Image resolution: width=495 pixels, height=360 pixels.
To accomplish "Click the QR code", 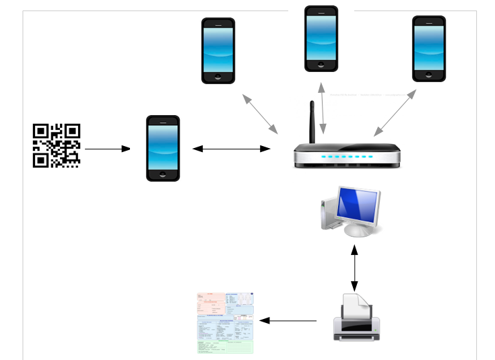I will click(57, 145).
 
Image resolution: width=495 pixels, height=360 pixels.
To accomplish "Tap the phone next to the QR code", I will click(163, 148).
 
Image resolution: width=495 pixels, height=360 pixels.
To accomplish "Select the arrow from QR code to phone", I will click(108, 148).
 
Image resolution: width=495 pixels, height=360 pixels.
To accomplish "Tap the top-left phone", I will click(219, 50).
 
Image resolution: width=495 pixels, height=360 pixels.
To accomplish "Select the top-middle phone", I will click(321, 38).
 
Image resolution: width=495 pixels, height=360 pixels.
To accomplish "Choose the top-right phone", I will click(429, 49).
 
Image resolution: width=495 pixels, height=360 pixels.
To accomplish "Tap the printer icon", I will click(356, 316).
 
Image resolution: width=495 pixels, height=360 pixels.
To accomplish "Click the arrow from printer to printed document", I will click(288, 320).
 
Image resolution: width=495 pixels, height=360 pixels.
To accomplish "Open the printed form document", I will click(225, 323).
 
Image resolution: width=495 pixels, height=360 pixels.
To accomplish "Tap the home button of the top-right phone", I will click(429, 76).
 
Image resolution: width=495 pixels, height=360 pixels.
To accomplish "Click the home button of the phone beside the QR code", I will click(163, 174).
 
